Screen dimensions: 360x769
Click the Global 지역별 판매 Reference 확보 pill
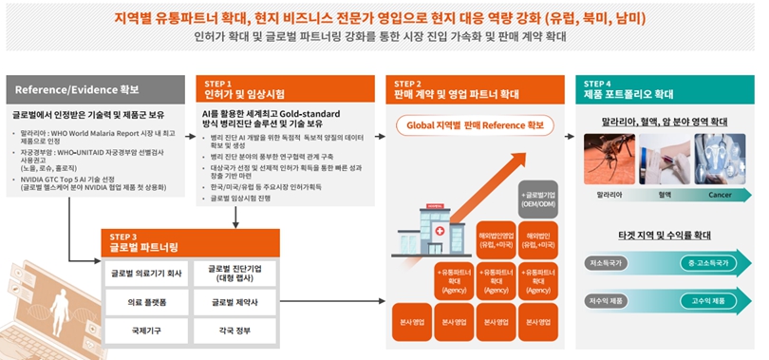(x=475, y=124)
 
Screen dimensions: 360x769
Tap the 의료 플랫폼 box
(x=146, y=303)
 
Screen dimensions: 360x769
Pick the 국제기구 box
(x=146, y=332)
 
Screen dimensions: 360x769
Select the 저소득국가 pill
(x=607, y=263)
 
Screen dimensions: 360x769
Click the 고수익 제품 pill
(x=703, y=301)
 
